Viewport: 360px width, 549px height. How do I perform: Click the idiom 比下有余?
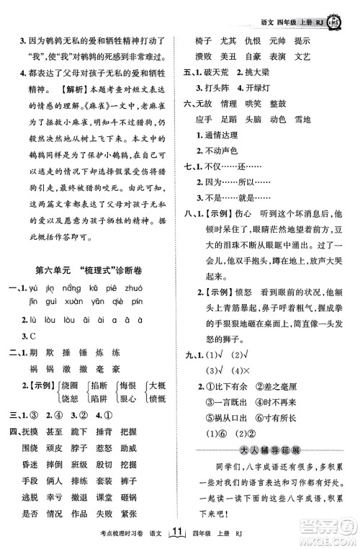click(230, 400)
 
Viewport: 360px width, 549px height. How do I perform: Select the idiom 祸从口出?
click(230, 434)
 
